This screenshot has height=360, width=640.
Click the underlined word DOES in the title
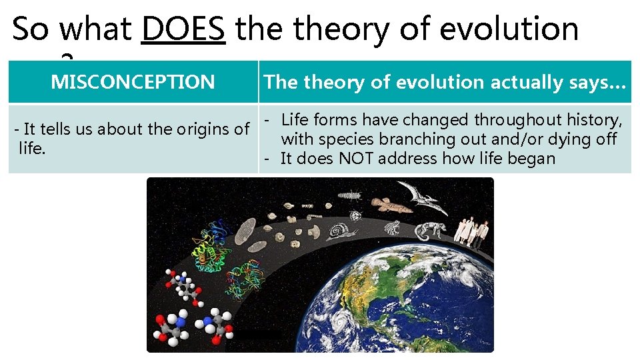(183, 29)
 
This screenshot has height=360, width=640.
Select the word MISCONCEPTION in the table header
(133, 82)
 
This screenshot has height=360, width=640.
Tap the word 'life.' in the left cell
(31, 148)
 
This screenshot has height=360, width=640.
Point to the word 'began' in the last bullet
(533, 159)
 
